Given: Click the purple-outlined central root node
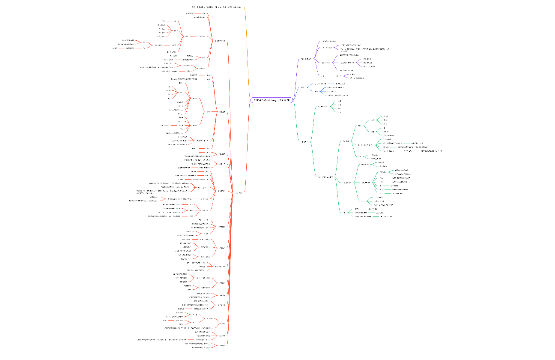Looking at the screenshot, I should click(272, 100).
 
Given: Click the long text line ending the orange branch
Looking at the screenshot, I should click(218, 7).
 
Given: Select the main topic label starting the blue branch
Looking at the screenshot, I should click(303, 88).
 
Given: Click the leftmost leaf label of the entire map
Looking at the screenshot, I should click(115, 48).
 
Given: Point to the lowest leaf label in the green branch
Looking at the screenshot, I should click(386, 216).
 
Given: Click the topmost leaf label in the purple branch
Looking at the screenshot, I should click(329, 41).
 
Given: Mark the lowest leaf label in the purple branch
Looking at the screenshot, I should click(357, 78).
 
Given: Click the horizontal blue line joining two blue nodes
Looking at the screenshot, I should click(331, 84).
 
